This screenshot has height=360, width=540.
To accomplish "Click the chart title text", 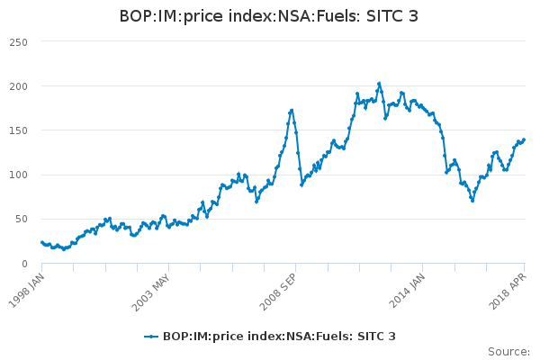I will coord(269,16).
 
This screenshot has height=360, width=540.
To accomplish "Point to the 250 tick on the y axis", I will coord(19,42).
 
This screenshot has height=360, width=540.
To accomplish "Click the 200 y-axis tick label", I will coord(19,86).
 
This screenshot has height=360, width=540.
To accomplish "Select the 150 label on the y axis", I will coord(19,130).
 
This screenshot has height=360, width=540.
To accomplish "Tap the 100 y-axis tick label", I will coord(19,175).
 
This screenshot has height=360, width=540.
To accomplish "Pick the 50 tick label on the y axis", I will coord(22,219).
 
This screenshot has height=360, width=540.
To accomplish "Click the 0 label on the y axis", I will coord(24,264).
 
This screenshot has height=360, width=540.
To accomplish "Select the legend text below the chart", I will coord(279,337).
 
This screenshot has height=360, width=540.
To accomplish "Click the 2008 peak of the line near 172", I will coord(292,110).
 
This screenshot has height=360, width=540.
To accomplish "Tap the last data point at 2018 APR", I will coord(524,139).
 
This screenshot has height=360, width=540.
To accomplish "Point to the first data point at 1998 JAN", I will coord(41,241).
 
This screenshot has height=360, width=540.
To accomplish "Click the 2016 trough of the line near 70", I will coord(472,201).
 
